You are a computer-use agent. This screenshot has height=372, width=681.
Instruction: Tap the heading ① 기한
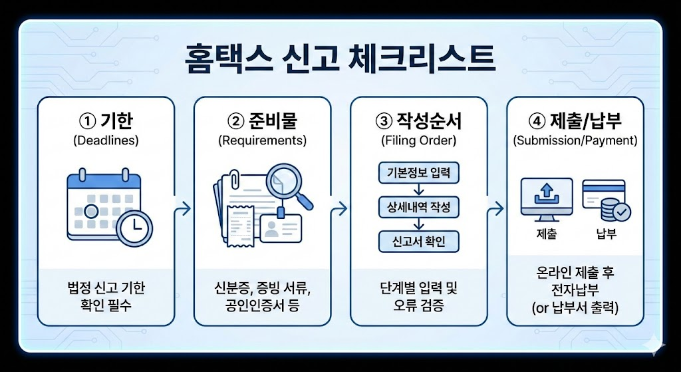(106, 121)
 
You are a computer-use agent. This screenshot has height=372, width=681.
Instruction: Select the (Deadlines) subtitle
(106, 140)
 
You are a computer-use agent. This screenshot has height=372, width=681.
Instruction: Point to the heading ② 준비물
(262, 121)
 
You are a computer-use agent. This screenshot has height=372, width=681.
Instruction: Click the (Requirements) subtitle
(262, 140)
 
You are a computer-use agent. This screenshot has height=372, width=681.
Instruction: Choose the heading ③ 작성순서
(419, 121)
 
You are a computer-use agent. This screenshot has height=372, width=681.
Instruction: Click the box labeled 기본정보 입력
(419, 173)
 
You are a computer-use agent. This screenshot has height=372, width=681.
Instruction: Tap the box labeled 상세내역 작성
(419, 207)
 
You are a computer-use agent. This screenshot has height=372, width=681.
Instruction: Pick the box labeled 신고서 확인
(419, 241)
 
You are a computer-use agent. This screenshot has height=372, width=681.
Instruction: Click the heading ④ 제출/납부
(575, 121)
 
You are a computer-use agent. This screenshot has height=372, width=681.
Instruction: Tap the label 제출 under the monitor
(547, 234)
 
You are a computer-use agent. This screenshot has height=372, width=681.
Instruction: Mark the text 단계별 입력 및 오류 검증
(419, 297)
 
